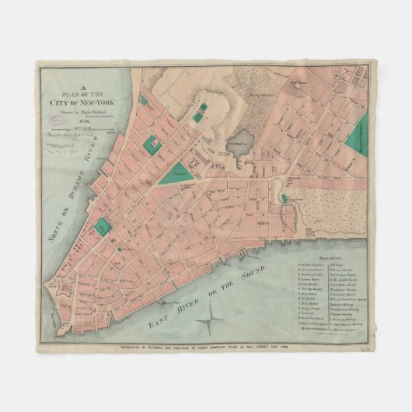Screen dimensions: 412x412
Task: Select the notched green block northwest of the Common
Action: tap(151, 145)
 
